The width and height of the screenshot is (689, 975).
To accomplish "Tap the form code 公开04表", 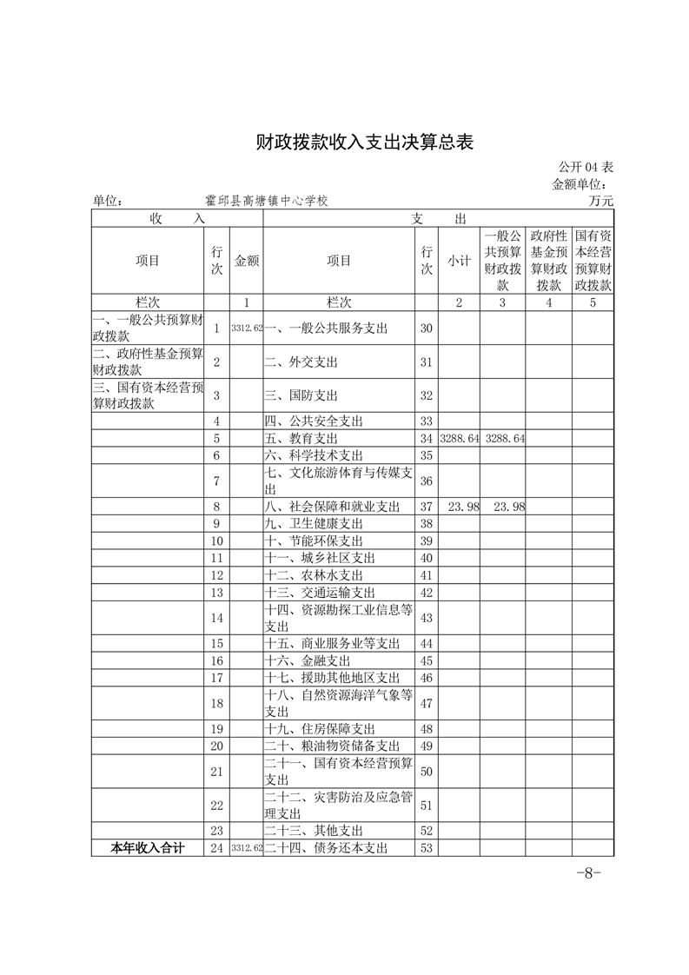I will [x=586, y=167].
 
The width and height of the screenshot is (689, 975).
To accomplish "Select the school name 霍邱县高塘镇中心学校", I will [x=267, y=201].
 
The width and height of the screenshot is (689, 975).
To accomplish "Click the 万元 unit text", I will [x=600, y=201].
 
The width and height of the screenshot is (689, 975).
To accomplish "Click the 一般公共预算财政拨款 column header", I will [x=503, y=260].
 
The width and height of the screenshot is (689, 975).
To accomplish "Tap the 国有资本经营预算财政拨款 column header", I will [x=593, y=260].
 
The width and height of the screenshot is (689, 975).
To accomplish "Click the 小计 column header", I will [x=459, y=260].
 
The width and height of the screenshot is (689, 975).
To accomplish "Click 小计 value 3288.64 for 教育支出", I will [x=460, y=439].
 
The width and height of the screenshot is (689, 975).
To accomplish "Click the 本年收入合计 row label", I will [x=148, y=848].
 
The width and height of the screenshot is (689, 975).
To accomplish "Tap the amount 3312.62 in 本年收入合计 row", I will [x=247, y=848].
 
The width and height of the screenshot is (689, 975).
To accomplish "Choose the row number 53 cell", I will [x=426, y=848].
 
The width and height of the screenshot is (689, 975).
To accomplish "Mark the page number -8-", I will [x=588, y=873].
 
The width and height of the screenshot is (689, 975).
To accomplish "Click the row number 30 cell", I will [x=426, y=328].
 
